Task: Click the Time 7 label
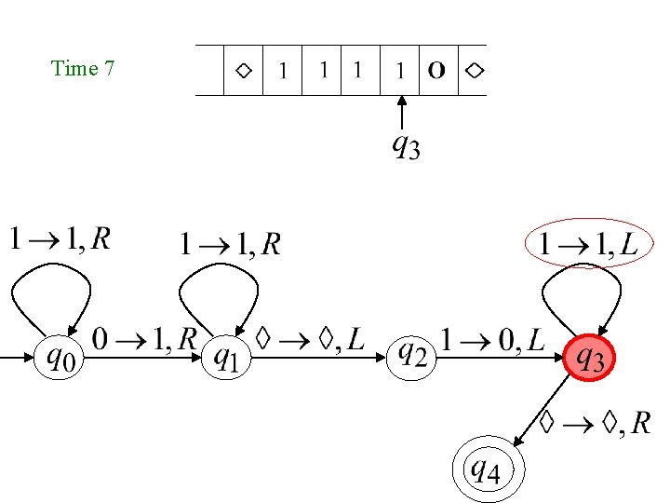83,68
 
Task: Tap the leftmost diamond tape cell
243,70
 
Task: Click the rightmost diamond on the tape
475,70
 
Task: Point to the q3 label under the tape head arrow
405,146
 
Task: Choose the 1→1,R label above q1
230,245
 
